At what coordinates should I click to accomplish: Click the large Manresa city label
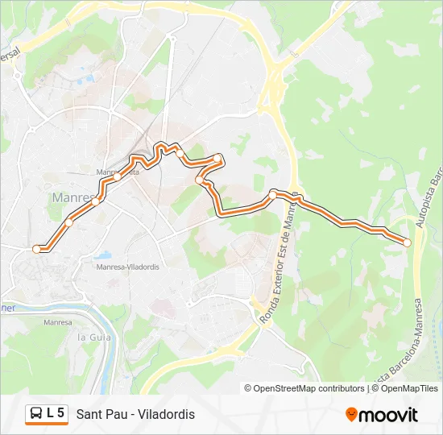74,197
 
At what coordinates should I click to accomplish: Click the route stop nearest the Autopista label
407,242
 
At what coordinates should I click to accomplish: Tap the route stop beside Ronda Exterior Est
273,195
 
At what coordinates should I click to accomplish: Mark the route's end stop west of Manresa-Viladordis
36,249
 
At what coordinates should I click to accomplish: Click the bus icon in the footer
35,414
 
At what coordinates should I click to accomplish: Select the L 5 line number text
56,413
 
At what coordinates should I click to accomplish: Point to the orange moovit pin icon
351,415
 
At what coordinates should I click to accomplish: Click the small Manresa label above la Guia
58,322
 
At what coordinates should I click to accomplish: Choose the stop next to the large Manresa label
95,201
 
